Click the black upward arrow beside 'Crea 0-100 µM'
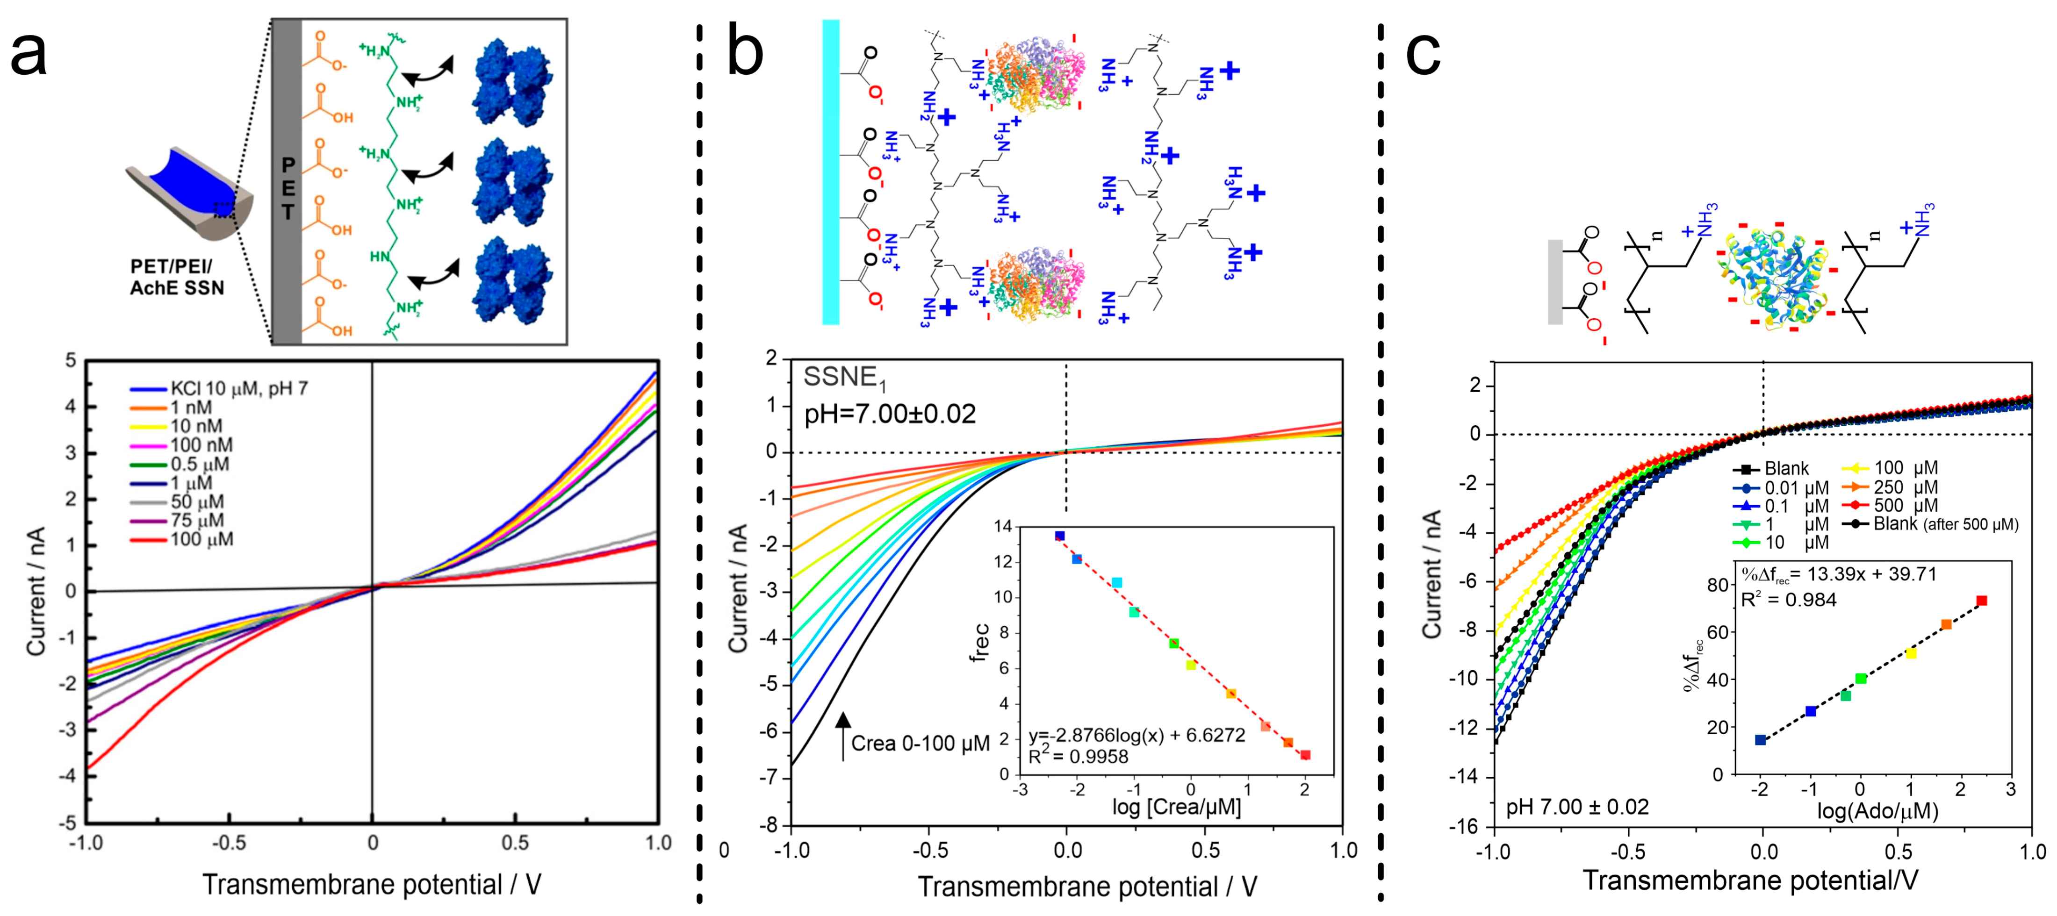click(842, 735)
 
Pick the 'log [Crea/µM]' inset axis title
click(1176, 808)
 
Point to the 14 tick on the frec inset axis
click(1002, 526)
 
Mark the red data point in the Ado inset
click(1981, 601)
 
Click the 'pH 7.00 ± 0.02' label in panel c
click(1577, 808)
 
